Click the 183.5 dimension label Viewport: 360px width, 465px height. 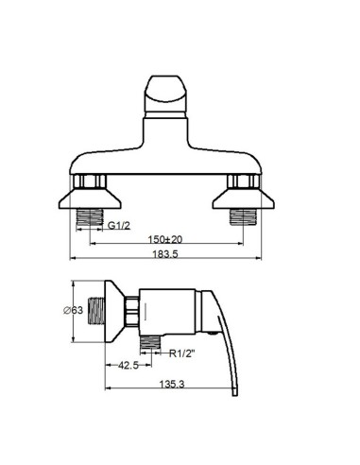(165, 254)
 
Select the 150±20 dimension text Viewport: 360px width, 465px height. (165, 239)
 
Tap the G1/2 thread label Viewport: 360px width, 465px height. (119, 225)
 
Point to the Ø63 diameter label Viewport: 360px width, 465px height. (73, 310)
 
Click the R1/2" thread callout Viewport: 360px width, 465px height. (181, 353)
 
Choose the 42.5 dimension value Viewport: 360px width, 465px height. (129, 365)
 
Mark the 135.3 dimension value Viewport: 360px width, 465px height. (172, 384)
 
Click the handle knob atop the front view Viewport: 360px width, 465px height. (165, 96)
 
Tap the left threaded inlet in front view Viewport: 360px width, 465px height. (90, 217)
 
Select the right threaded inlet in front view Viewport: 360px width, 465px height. (243, 217)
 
